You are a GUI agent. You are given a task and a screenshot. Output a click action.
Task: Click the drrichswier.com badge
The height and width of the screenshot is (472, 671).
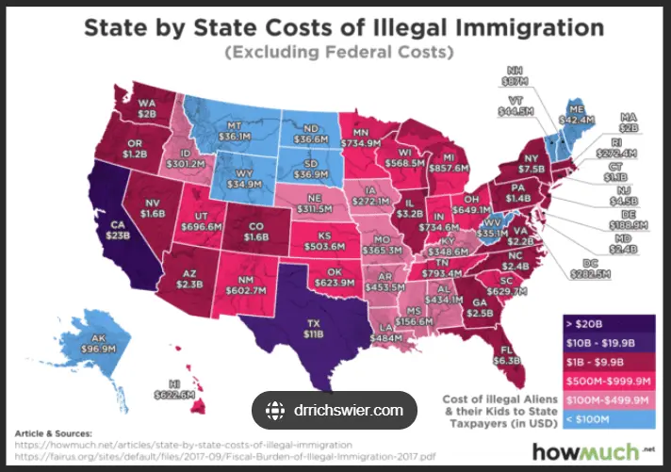[x=335, y=410]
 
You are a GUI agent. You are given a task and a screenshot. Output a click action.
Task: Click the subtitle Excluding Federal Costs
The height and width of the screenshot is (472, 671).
[x=336, y=53]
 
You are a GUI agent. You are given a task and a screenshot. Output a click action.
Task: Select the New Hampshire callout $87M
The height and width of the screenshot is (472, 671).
[x=516, y=76]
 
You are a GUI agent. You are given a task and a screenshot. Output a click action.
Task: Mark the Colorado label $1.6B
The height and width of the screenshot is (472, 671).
[x=255, y=232]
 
